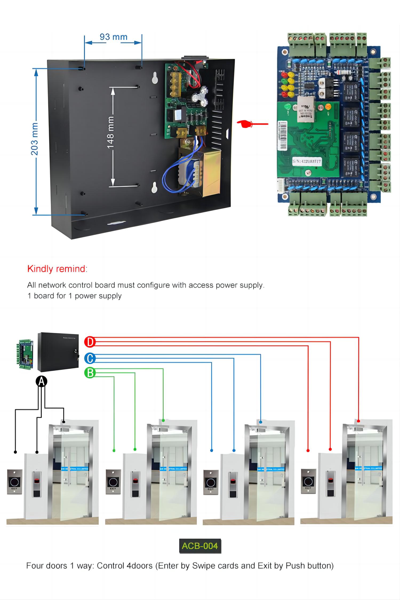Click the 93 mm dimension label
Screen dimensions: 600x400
113,37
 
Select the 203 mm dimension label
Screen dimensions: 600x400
34,139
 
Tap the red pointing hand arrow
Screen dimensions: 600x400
252,124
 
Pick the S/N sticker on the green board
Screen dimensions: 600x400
307,161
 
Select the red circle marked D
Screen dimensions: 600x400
90,342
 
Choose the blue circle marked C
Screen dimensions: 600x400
90,358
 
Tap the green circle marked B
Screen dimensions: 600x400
90,373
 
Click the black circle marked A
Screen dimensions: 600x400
41,382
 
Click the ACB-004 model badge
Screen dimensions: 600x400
200,546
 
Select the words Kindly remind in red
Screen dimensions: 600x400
56,269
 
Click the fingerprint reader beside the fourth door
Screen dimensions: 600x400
331,484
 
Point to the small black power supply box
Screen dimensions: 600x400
58,352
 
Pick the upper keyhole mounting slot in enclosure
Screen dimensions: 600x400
154,78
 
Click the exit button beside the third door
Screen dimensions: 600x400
211,482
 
